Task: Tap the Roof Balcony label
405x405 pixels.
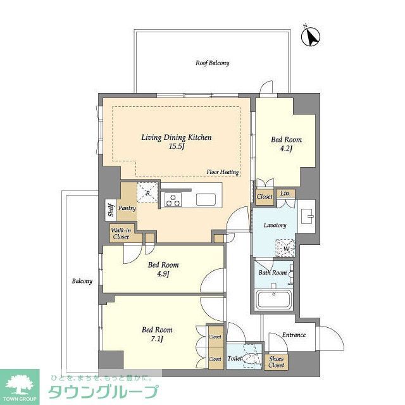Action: [212, 63]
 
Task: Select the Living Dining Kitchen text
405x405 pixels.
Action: [176, 137]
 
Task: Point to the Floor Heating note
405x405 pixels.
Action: [222, 172]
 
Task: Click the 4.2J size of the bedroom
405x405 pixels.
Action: [286, 149]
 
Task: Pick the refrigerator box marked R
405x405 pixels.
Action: [147, 194]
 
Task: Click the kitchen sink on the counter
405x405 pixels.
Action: [208, 199]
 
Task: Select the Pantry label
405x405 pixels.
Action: [127, 208]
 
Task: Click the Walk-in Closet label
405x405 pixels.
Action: [121, 233]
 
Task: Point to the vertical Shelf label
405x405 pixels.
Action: [109, 209]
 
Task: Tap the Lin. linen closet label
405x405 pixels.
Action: [285, 194]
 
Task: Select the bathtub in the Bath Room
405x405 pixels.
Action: [273, 299]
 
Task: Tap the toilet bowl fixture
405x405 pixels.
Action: [249, 358]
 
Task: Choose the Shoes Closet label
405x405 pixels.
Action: [276, 361]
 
